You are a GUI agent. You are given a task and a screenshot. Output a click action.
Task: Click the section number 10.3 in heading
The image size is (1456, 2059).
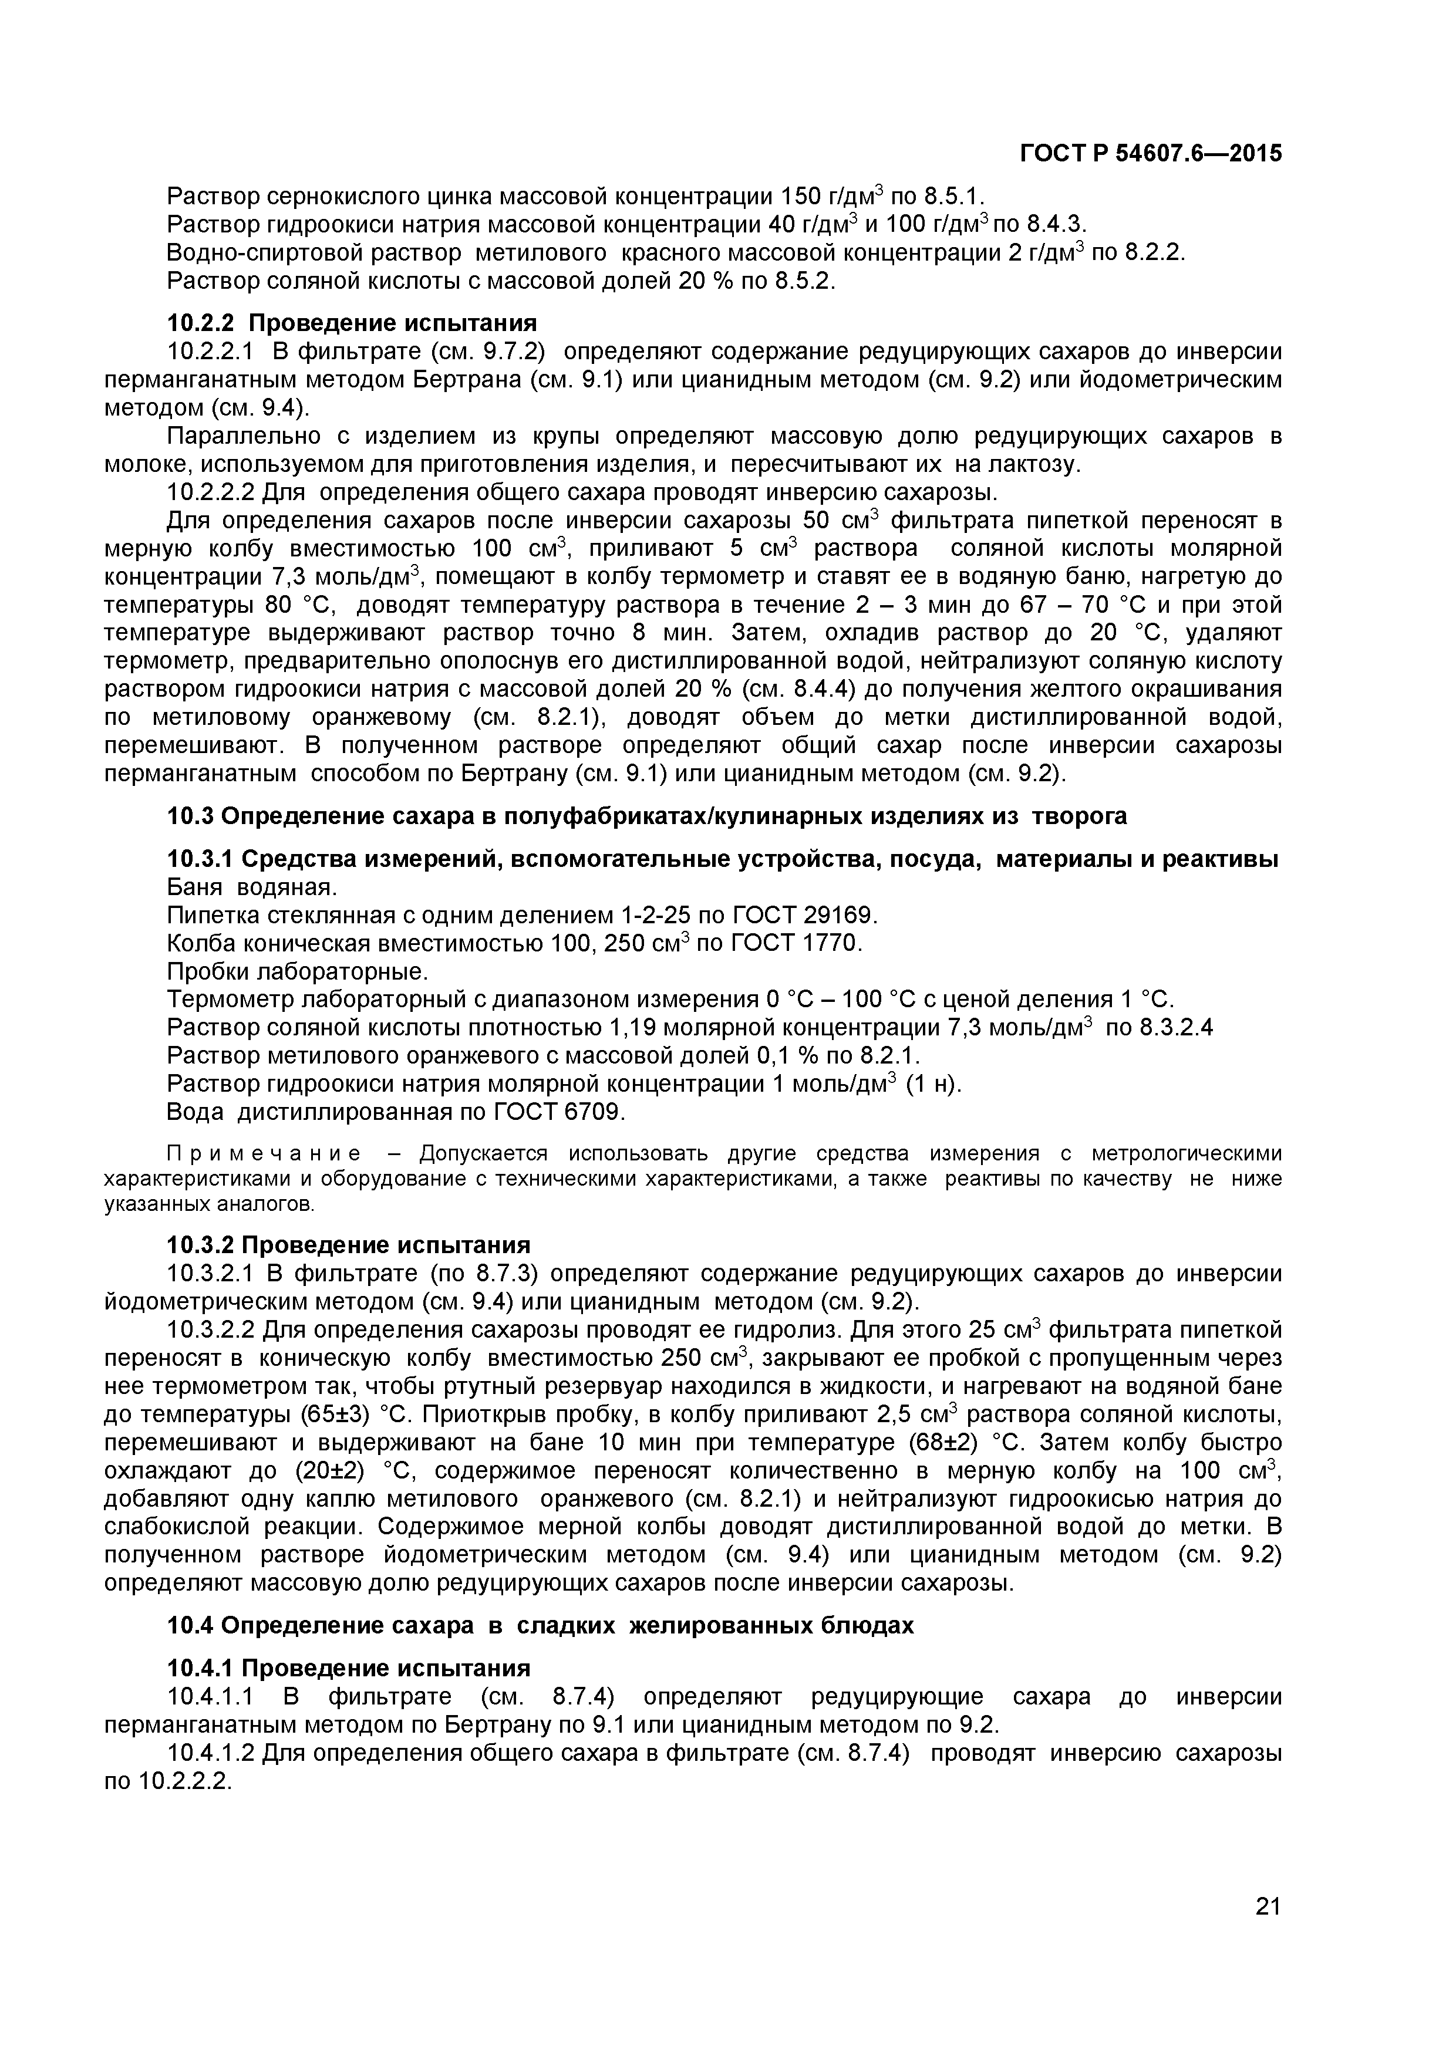coord(190,816)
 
